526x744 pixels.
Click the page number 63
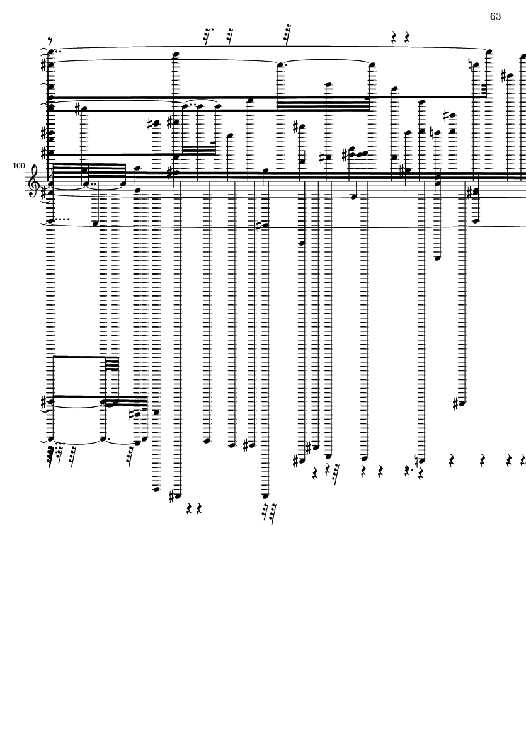click(x=495, y=16)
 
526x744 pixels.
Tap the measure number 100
click(x=19, y=166)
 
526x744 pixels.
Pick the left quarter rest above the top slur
click(x=394, y=38)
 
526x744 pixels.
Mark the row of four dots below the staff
click(x=63, y=219)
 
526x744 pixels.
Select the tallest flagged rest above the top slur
click(x=287, y=34)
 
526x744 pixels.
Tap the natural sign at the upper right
click(x=471, y=66)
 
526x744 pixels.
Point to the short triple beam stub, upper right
click(x=484, y=89)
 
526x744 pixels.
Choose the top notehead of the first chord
click(x=51, y=52)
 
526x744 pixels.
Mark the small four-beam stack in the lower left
click(x=112, y=363)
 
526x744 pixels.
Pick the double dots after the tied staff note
click(x=93, y=183)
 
